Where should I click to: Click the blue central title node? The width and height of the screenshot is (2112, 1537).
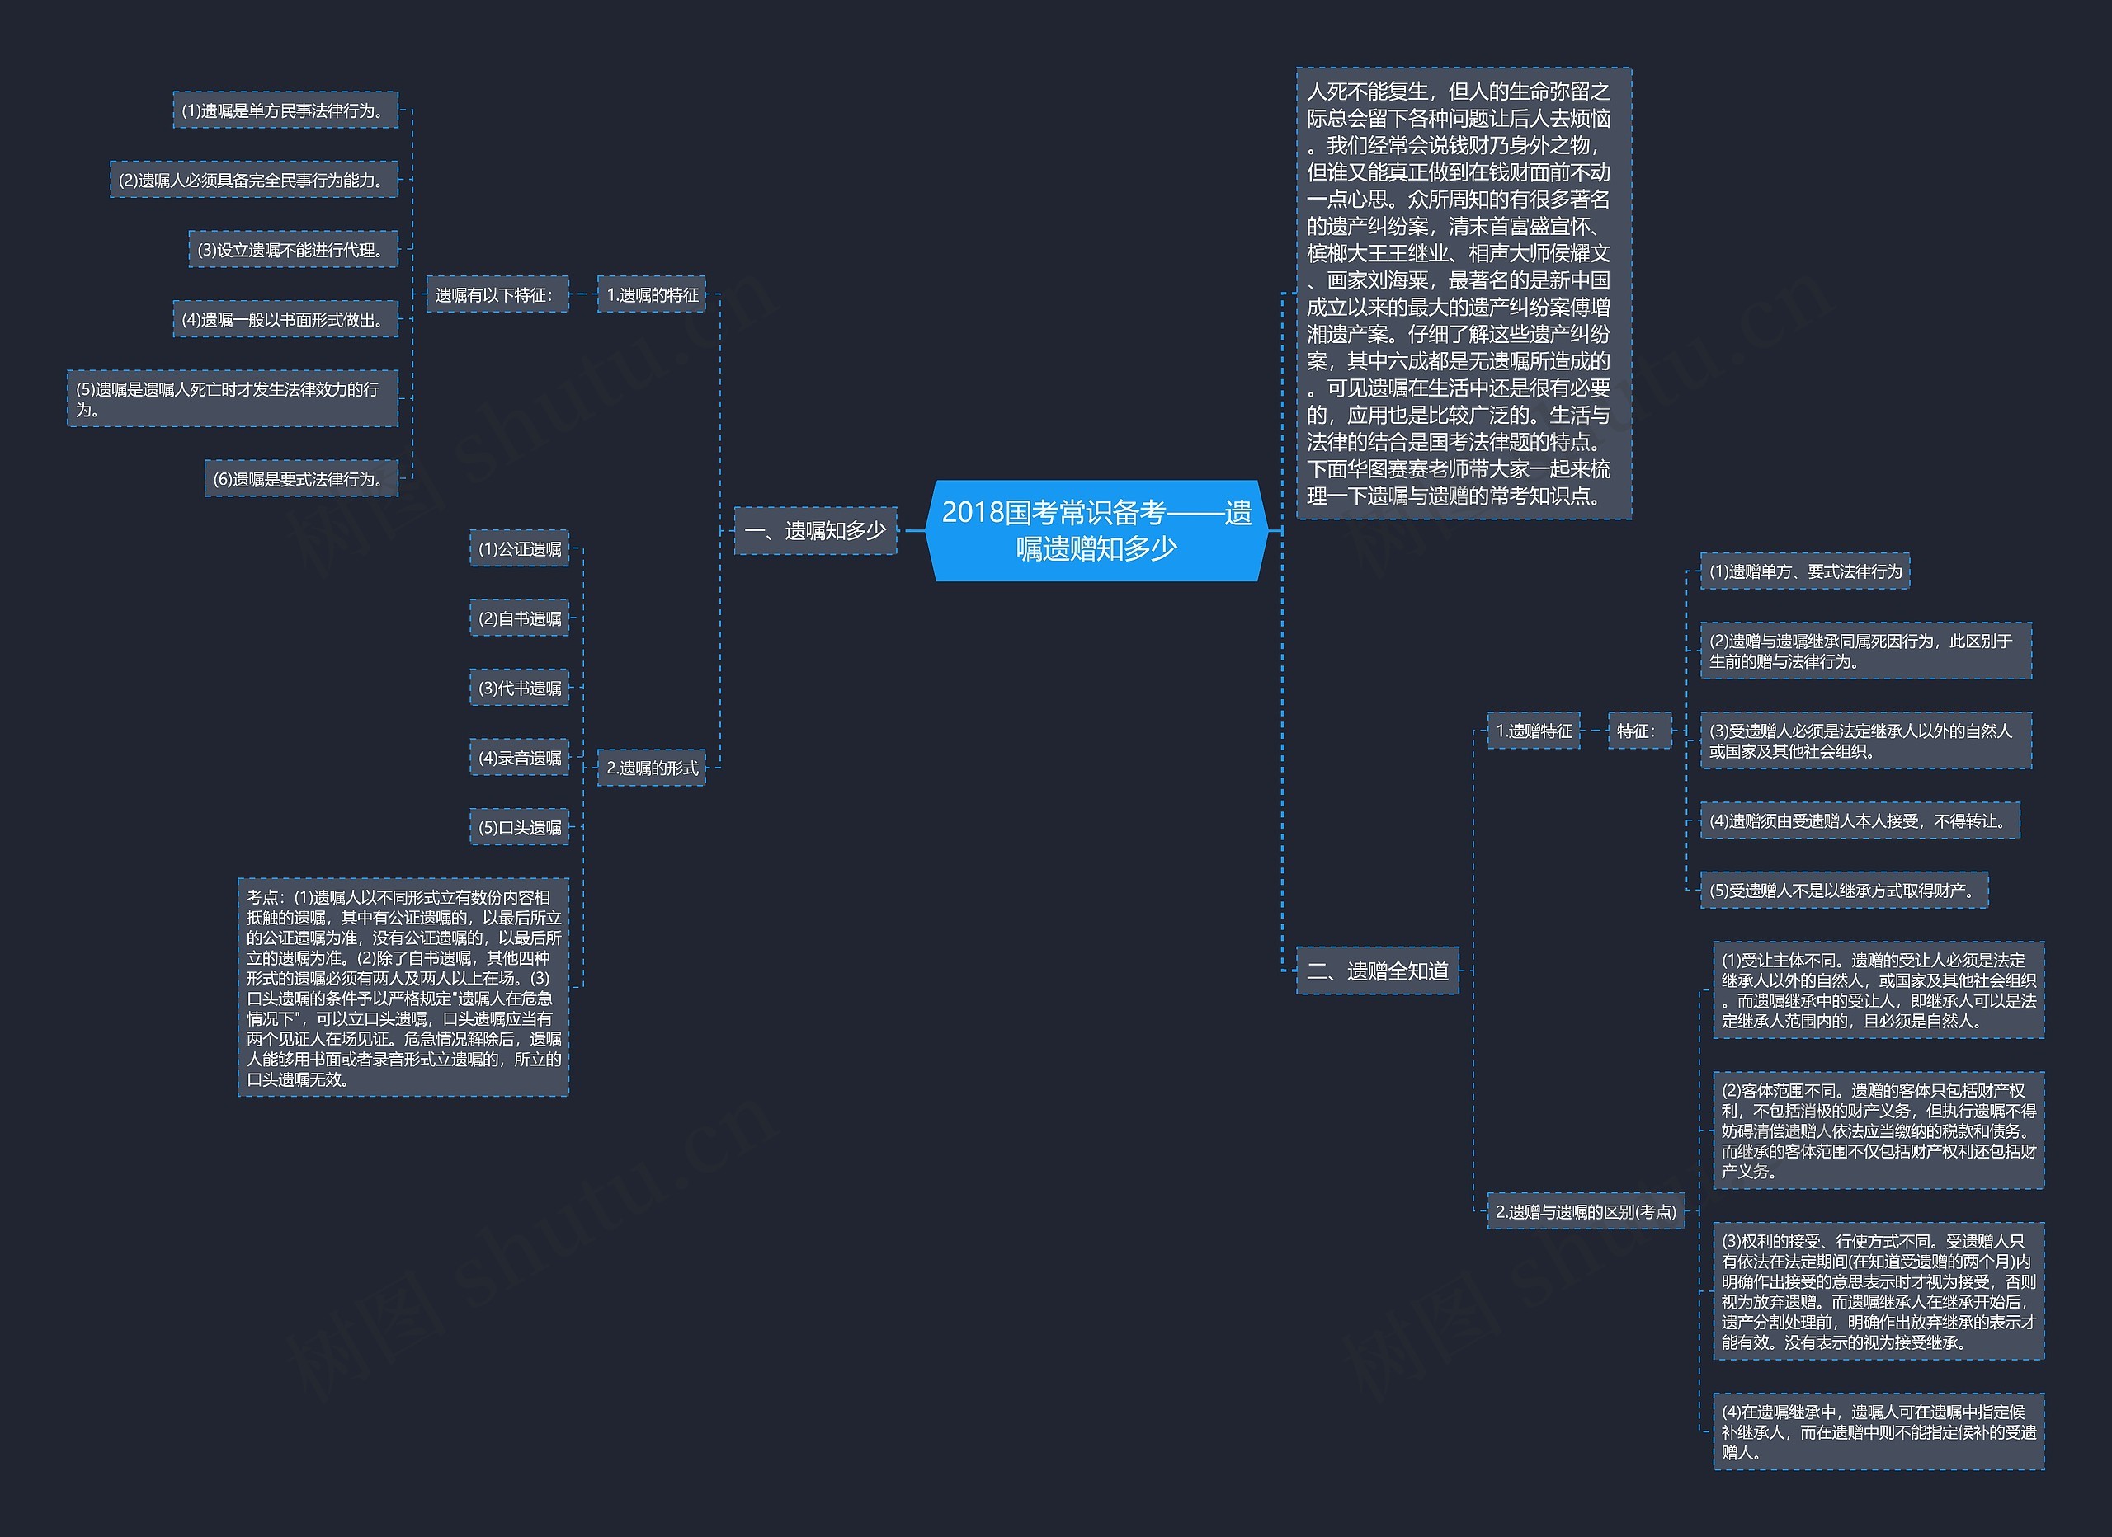1096,531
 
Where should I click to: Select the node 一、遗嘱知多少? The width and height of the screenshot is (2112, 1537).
816,531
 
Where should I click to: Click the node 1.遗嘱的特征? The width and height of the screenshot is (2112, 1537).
652,295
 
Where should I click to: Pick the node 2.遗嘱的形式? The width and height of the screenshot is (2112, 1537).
652,768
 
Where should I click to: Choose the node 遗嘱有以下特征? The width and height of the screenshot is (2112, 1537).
497,295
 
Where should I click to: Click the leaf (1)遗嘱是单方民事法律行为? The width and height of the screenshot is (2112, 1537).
286,110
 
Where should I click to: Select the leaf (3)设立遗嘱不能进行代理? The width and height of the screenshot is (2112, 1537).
294,250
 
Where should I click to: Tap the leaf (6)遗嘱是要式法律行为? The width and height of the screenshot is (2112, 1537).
302,478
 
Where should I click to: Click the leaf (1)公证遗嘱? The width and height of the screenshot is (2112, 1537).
520,548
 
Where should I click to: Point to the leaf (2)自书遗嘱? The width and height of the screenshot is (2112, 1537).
520,618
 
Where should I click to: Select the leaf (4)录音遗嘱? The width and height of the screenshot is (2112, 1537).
520,758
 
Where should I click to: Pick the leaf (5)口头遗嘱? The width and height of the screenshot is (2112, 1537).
520,827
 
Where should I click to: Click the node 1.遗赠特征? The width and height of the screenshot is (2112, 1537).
1534,731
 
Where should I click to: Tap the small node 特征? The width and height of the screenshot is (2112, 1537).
1640,731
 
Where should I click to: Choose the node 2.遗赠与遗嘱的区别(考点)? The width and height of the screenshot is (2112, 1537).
1586,1211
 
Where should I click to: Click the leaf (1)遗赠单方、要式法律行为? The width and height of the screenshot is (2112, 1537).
1806,571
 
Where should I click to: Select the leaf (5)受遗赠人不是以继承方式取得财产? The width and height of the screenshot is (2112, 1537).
1845,890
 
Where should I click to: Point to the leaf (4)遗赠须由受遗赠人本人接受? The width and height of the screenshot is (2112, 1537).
1860,820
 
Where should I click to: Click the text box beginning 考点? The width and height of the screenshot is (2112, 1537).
403,987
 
